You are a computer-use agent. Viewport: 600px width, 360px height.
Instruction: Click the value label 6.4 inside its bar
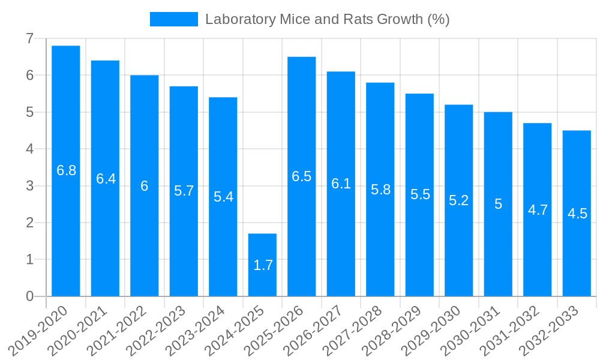point(106,179)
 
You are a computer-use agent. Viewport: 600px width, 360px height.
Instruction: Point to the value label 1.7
point(263,265)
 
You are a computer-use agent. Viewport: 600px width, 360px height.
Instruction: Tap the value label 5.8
point(380,190)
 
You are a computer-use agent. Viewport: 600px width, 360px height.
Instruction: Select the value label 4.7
point(538,210)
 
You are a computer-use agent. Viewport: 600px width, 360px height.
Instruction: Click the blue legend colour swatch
point(173,19)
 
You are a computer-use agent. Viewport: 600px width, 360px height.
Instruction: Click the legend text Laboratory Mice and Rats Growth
point(327,19)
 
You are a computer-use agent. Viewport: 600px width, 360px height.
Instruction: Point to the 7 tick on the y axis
point(29,38)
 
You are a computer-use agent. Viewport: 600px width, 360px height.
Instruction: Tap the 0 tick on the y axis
point(29,296)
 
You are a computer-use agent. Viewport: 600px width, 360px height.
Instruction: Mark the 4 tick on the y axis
point(29,149)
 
